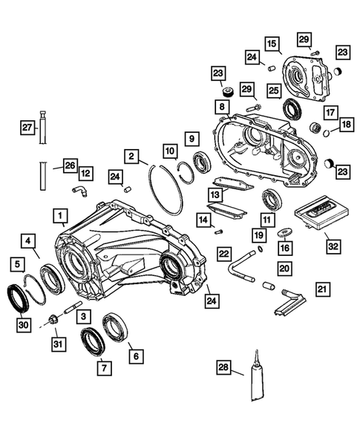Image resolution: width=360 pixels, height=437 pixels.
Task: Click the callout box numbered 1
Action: click(58, 216)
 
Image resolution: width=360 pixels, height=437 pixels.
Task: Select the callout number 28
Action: click(223, 366)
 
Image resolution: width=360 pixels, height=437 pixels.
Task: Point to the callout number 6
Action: click(135, 356)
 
